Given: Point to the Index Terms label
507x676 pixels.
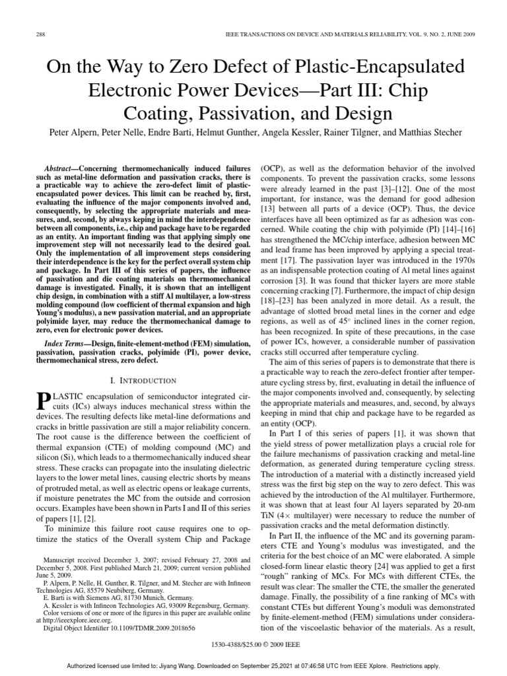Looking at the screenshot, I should coord(67,344).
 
